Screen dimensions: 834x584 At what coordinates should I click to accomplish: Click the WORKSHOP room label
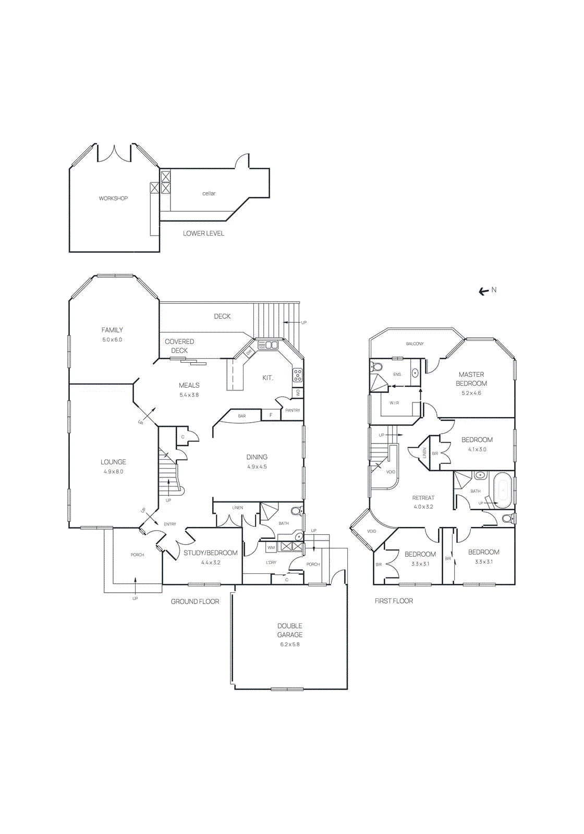point(113,199)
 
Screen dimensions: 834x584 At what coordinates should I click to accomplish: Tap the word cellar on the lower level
point(209,193)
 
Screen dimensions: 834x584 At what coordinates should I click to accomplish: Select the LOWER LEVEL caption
point(203,234)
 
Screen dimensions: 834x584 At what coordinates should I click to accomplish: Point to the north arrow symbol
point(484,291)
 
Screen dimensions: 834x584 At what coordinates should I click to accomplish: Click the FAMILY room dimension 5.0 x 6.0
point(112,340)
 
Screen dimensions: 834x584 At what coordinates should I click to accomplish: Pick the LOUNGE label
point(113,462)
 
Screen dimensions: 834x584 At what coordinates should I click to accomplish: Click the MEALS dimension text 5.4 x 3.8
point(189,395)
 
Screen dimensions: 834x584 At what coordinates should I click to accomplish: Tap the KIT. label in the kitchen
point(267,378)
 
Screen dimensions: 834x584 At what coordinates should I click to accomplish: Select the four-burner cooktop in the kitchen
point(297,375)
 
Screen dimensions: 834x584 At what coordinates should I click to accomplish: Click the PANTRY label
point(293,410)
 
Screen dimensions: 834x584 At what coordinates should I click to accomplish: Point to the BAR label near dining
point(242,416)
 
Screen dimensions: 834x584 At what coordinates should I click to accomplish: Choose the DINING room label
point(257,457)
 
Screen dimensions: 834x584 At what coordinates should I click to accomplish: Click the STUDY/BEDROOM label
point(210,553)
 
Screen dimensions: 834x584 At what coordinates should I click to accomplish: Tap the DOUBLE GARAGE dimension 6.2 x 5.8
point(289,644)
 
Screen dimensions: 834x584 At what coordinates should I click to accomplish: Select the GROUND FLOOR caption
point(195,602)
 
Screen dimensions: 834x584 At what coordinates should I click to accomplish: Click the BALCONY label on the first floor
point(415,344)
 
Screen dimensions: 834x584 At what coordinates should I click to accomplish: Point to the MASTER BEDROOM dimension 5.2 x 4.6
point(471,393)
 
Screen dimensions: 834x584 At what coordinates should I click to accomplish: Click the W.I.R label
point(394,403)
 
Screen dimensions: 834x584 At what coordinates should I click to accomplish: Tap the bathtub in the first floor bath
point(503,490)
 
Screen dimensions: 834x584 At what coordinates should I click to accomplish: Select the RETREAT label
point(423,498)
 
